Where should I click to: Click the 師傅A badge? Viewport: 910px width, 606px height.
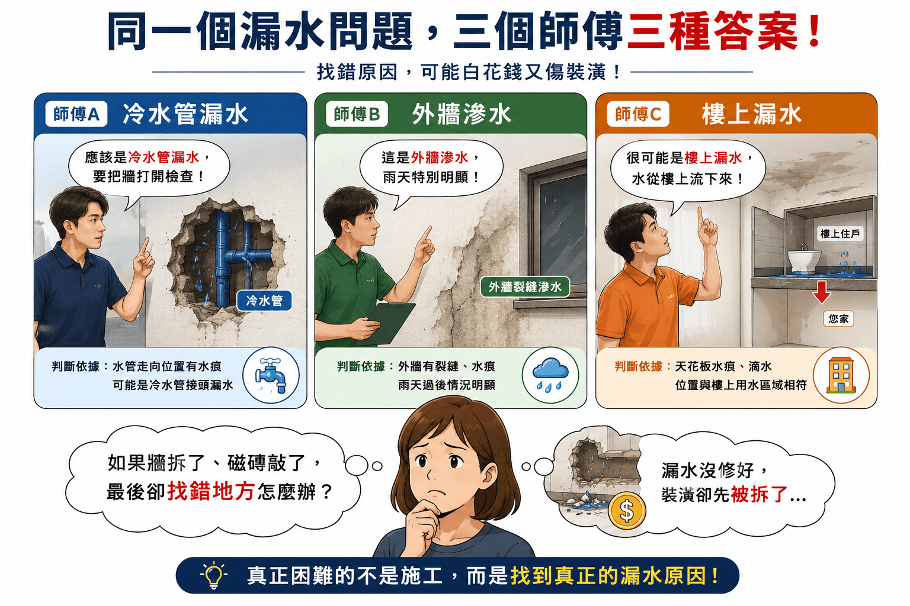tap(76, 114)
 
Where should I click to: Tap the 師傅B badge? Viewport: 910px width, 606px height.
tap(357, 114)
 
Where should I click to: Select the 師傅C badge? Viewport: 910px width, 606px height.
tap(638, 114)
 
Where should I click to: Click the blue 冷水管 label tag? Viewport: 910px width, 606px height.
tap(264, 301)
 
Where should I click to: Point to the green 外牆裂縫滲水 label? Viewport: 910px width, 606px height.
tap(525, 287)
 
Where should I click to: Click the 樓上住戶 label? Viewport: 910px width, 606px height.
tap(840, 234)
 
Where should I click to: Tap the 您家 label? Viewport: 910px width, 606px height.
tap(838, 319)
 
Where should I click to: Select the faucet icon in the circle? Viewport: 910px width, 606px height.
tap(271, 375)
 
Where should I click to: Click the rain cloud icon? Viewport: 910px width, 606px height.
tap(550, 374)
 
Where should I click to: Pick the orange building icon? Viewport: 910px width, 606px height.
tap(841, 375)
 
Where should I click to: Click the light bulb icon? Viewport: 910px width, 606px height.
tap(214, 575)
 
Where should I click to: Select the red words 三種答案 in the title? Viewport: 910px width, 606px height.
tap(712, 31)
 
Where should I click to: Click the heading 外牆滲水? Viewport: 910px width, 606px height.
tap(462, 114)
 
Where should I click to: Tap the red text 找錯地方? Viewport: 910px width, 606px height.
tap(211, 492)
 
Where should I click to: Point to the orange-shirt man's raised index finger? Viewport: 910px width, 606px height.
tap(700, 216)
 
